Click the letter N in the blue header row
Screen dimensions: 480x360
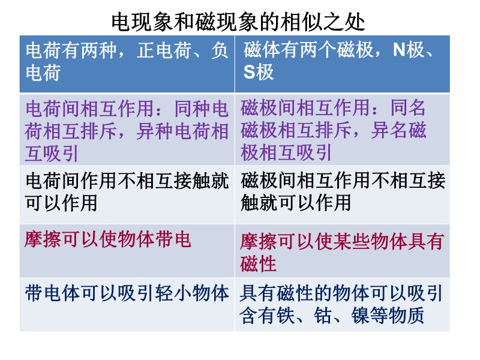399,49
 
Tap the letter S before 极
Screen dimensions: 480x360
249,72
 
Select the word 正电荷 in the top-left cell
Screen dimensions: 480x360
164,50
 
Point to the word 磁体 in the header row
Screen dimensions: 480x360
262,50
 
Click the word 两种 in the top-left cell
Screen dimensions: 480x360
98,50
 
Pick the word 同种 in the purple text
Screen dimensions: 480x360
193,109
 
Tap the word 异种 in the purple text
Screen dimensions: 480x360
155,131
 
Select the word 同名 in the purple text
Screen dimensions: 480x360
408,108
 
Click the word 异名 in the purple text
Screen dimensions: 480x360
389,130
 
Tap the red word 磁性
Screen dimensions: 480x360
259,263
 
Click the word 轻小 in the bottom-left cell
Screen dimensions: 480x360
173,293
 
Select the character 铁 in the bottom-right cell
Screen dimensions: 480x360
286,316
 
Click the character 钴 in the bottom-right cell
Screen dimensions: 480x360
323,316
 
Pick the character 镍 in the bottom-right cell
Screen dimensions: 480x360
361,316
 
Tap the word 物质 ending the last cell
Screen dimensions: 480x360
407,316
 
